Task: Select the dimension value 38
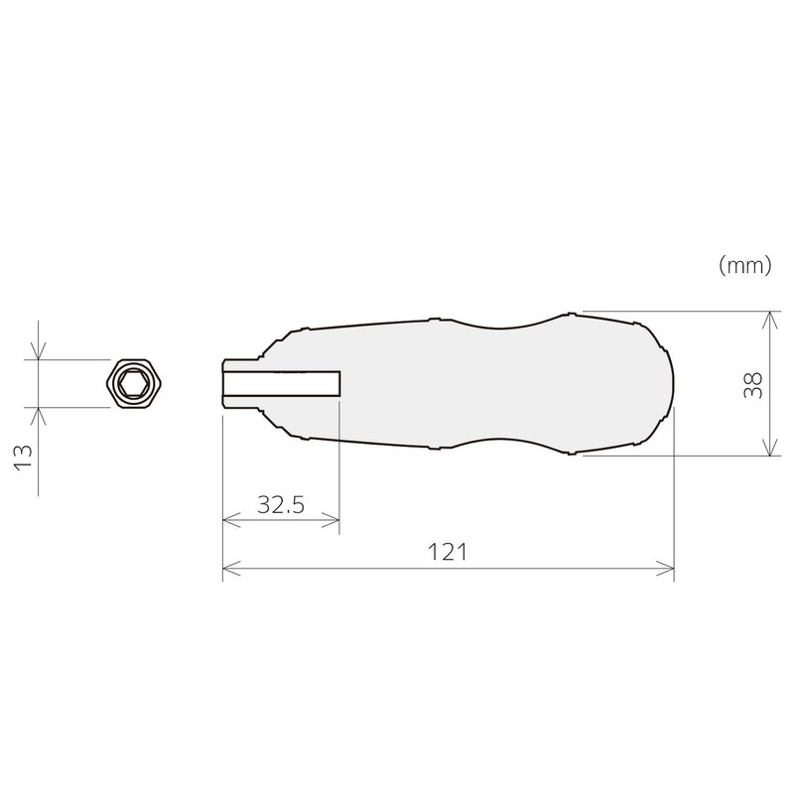[752, 384]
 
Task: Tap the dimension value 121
[449, 552]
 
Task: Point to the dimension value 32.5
[281, 504]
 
